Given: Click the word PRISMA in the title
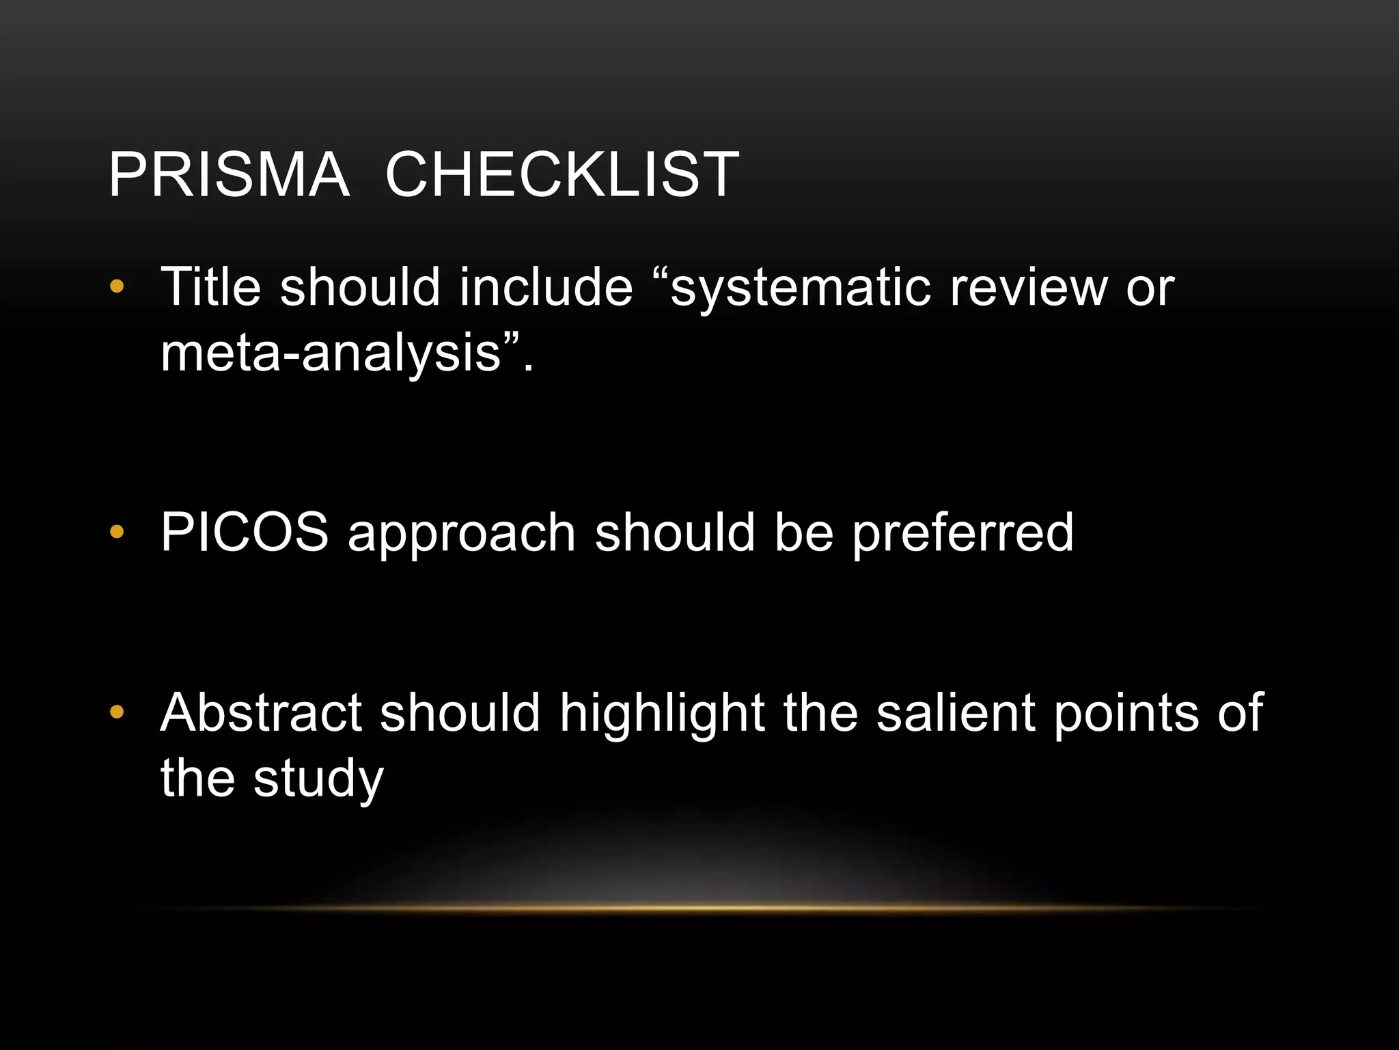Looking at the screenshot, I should (x=229, y=175).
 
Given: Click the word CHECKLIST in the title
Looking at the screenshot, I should (x=562, y=175).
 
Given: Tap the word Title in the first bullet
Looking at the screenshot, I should (x=210, y=286).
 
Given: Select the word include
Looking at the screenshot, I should (x=546, y=286).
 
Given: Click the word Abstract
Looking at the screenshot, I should (x=261, y=712).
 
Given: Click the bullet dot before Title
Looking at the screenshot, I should (x=117, y=286).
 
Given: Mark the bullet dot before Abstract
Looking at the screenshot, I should (x=117, y=712).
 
